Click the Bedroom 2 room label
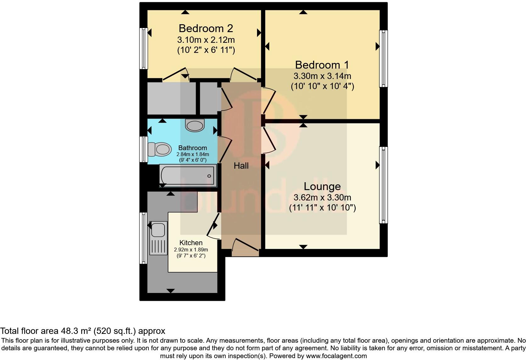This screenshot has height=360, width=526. [206, 28]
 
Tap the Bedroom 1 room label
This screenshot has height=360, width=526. [322, 65]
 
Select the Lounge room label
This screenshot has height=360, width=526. [322, 186]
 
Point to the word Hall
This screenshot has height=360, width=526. [241, 166]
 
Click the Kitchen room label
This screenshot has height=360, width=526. [191, 243]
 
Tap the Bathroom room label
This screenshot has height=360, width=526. [193, 148]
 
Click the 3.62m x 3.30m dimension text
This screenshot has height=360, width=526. [322, 198]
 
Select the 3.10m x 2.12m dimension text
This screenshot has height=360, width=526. [206, 40]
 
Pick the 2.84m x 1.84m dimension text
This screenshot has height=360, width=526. [193, 154]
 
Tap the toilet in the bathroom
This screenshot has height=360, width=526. [160, 149]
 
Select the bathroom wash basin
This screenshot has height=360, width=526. [195, 125]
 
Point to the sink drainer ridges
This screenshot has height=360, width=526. [158, 246]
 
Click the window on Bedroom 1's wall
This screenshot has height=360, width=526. [383, 59]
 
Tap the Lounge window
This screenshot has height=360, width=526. [383, 185]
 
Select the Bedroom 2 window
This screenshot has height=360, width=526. [143, 48]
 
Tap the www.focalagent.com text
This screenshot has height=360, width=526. [336, 356]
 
